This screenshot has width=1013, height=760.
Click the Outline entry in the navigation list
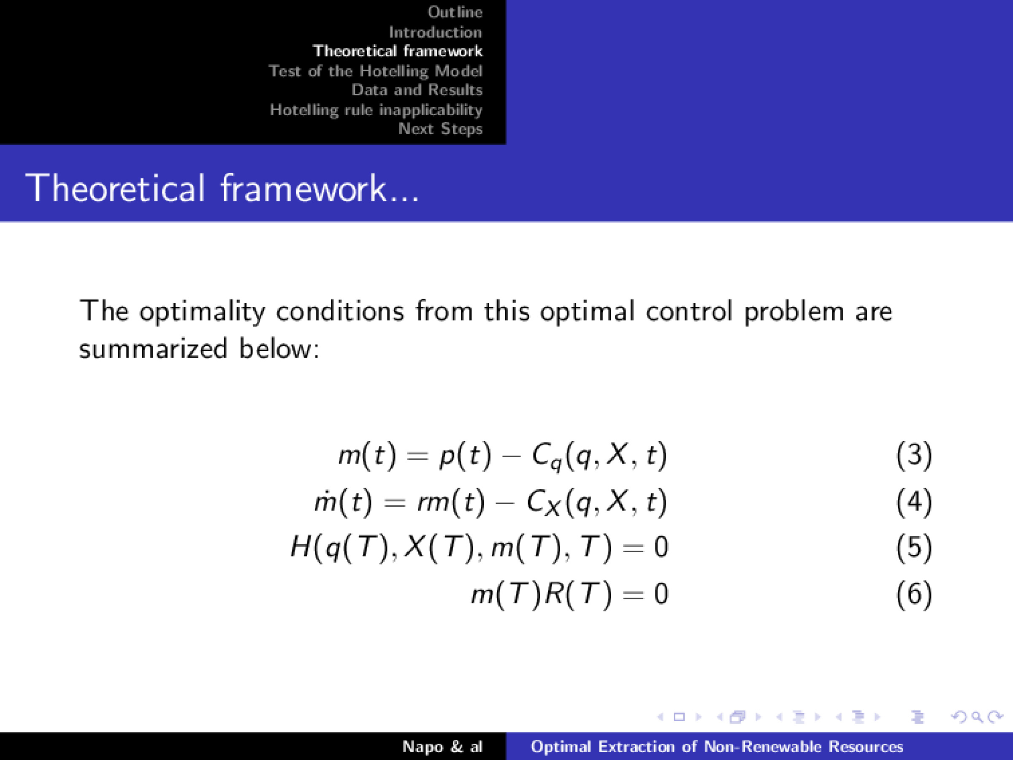coord(455,12)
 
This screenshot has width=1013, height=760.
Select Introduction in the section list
coord(436,33)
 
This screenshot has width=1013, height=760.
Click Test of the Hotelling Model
coord(376,71)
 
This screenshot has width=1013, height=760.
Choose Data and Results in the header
coord(417,90)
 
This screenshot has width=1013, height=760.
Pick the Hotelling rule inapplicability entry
coord(376,110)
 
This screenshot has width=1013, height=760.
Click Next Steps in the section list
coord(440,129)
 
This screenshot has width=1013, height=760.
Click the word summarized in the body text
coord(153,349)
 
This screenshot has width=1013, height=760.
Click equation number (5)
coord(914,548)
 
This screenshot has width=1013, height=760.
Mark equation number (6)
coord(914,594)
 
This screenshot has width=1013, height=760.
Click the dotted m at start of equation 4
coord(325,502)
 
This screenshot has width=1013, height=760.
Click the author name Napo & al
coord(442,747)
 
